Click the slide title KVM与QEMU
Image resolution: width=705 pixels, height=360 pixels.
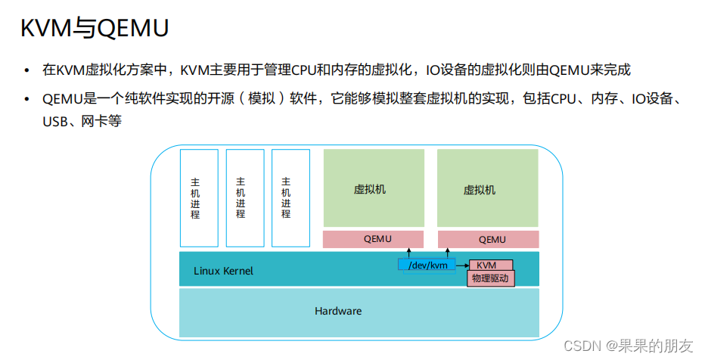[x=94, y=29]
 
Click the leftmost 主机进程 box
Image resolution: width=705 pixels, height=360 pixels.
[x=199, y=198]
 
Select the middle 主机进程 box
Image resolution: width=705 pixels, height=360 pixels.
[x=245, y=198]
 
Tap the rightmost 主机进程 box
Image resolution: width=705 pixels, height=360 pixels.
[x=290, y=198]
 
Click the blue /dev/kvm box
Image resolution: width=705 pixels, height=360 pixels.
[x=427, y=265]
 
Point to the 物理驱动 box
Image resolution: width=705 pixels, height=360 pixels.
[x=490, y=278]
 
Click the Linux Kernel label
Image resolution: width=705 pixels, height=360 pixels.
[x=223, y=271]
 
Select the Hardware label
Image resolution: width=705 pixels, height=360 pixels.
[x=338, y=311]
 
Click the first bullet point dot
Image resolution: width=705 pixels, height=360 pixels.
[x=28, y=70]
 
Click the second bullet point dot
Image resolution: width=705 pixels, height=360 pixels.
[x=28, y=100]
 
